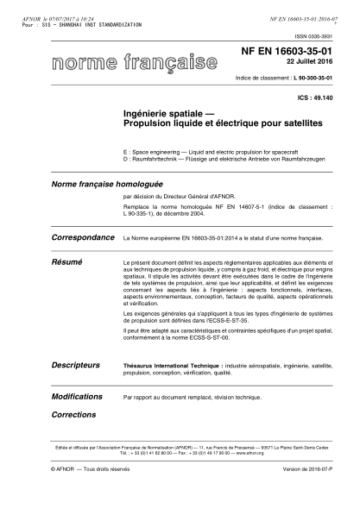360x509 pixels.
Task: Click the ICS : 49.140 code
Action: (315, 97)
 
